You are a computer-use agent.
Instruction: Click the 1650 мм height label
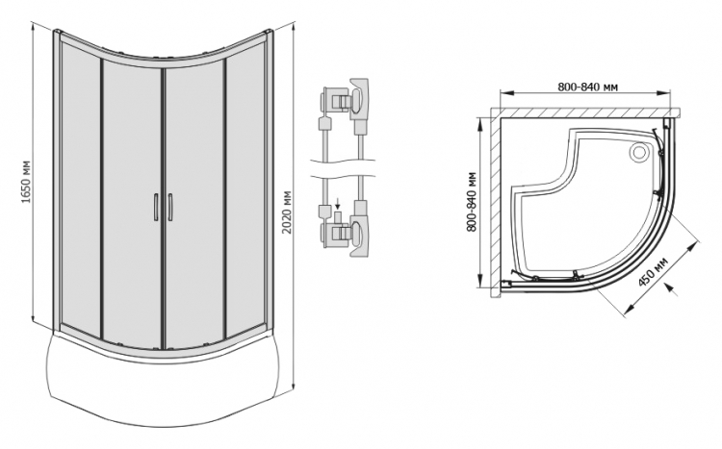coord(26,182)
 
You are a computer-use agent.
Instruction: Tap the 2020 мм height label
coord(287,212)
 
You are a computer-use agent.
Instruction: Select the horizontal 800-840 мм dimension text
coord(587,87)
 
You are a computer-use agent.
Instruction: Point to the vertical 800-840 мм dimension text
coord(471,202)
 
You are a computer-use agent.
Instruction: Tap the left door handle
coord(156,208)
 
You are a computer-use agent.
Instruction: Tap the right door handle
coord(169,208)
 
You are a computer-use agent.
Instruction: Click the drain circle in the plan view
coord(638,151)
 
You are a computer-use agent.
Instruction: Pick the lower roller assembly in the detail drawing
coord(345,229)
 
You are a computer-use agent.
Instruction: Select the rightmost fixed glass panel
coord(246,193)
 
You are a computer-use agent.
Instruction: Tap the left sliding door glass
coord(132,203)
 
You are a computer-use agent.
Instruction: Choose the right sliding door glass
coord(194,203)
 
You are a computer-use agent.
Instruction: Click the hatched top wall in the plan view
coord(584,113)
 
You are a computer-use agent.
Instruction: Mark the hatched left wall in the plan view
coord(496,203)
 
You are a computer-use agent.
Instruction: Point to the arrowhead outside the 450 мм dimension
coord(670,289)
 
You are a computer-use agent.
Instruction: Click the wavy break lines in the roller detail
coord(343,169)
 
